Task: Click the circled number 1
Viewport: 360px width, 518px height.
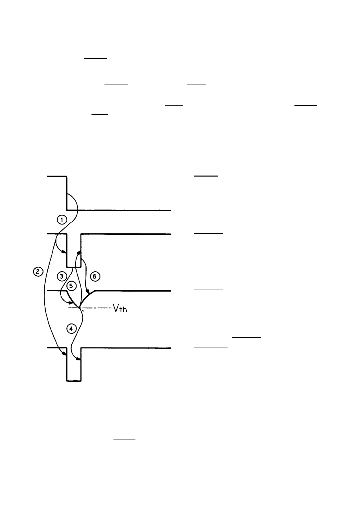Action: pos(62,220)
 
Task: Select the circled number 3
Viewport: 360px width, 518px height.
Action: pos(62,276)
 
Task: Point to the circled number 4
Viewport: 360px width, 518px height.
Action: pos(71,328)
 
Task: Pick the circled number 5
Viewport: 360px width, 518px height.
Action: pos(72,286)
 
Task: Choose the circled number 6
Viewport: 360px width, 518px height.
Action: pos(95,276)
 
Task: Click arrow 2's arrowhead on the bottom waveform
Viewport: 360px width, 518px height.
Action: pos(64,355)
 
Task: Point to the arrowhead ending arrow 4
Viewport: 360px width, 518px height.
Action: pos(79,359)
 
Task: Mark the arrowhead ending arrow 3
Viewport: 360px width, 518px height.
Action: pos(71,303)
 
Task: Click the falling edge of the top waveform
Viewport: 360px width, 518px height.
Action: pos(67,193)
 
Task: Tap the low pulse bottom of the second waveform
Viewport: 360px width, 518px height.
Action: pos(74,267)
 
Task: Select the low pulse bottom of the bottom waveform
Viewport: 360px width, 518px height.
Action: pos(74,380)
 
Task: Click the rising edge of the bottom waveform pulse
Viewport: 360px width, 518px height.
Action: pos(81,364)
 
